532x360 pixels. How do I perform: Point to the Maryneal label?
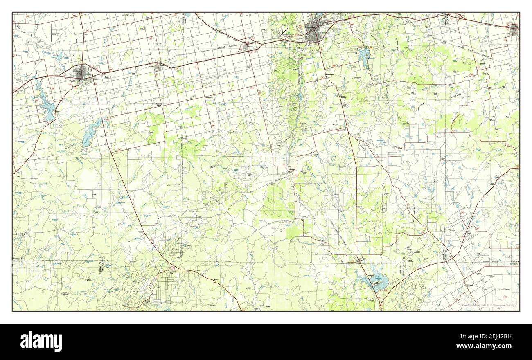[290, 169]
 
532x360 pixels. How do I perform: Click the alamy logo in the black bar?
[41, 341]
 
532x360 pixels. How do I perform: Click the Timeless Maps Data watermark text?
[487, 305]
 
